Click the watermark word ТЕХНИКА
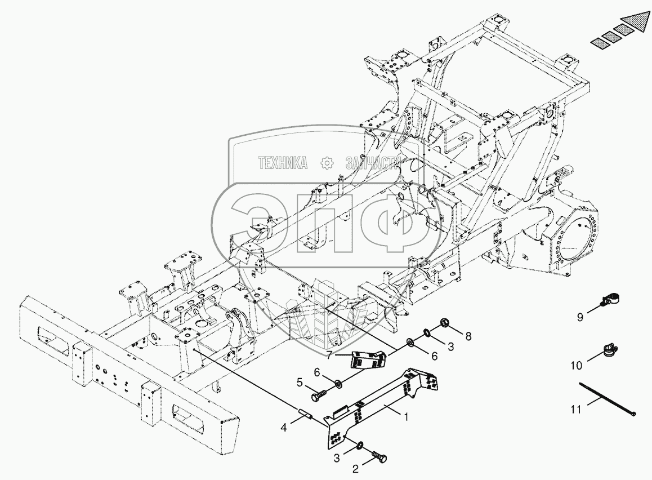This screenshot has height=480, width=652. point(283,163)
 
